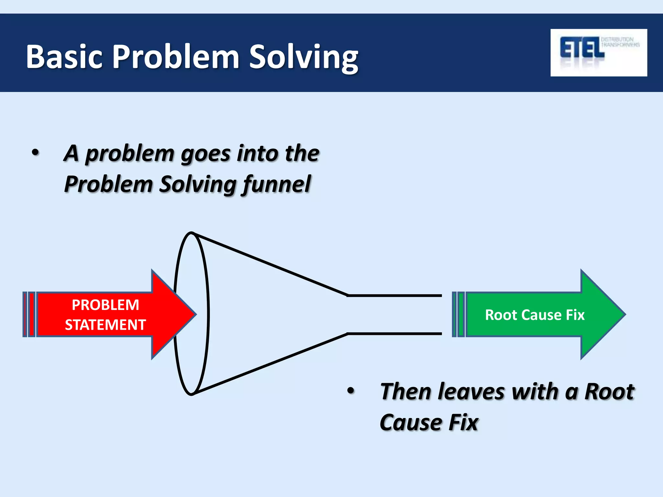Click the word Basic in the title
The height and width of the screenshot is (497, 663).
tap(64, 57)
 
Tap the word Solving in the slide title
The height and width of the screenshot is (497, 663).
tap(303, 58)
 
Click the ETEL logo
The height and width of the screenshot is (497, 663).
tap(598, 52)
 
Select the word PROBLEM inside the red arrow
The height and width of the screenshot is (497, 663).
tap(105, 305)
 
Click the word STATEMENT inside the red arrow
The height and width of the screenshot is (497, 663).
tap(105, 325)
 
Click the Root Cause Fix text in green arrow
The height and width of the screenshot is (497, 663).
tap(534, 315)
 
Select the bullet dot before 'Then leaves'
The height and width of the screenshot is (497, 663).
tap(351, 391)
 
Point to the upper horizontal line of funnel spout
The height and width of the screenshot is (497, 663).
tap(395, 295)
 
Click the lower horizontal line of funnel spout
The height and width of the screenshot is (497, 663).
tap(395, 333)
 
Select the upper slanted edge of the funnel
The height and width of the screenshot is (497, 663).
tap(272, 265)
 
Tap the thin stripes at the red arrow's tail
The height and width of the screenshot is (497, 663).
tap(29, 314)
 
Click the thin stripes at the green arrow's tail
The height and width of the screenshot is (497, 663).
tap(458, 314)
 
